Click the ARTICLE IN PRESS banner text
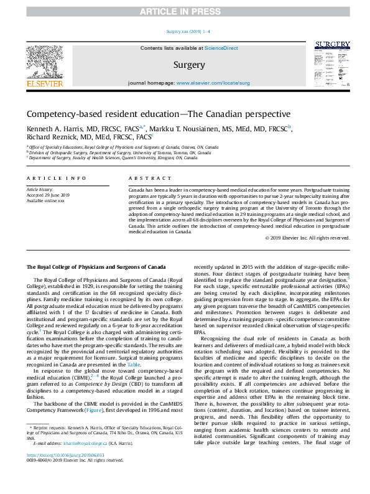click(185, 11)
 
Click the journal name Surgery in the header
click(188, 65)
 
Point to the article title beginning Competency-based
click(149, 114)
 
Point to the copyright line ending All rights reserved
click(308, 255)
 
